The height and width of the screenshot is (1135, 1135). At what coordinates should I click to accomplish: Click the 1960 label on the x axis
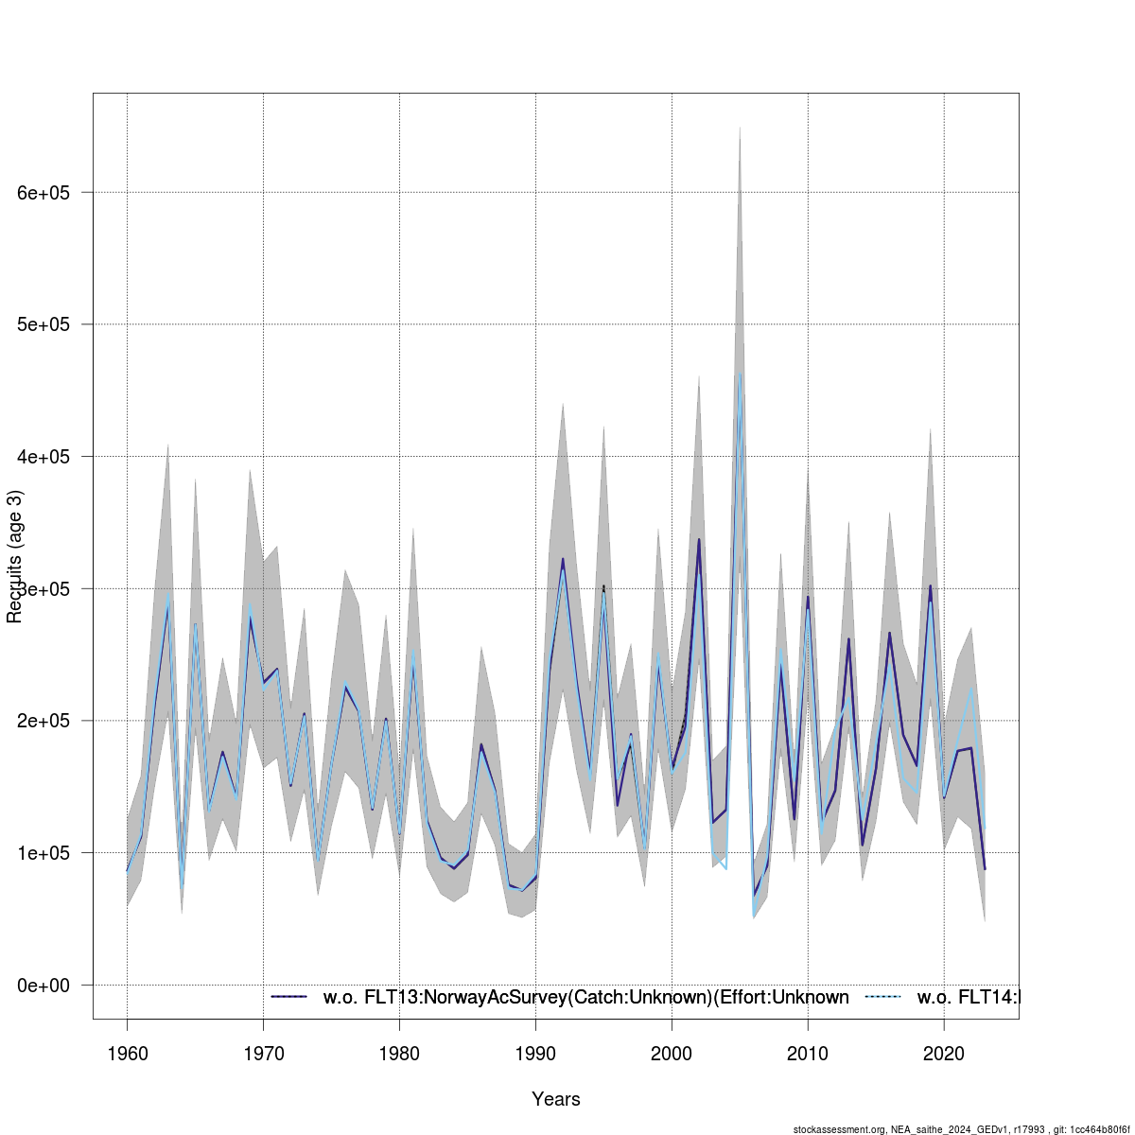pos(127,1054)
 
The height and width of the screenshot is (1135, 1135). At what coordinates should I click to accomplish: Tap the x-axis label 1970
pos(263,1054)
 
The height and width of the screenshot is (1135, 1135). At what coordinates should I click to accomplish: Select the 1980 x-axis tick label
pos(399,1054)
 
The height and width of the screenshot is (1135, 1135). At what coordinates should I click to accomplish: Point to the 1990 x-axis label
pos(535,1054)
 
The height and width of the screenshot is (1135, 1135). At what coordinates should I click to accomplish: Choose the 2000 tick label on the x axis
pos(672,1054)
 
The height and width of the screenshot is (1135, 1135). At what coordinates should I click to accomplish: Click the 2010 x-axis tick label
pos(808,1054)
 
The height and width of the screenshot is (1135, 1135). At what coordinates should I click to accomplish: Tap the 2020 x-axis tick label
pos(944,1054)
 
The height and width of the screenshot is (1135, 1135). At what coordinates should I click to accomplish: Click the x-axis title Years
pos(556,1099)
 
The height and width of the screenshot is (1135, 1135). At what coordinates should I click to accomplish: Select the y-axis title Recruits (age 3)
pos(14,556)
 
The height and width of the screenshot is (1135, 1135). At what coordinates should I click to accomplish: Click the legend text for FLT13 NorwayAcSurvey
pos(585,997)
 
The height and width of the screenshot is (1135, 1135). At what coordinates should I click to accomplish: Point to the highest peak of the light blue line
pos(740,375)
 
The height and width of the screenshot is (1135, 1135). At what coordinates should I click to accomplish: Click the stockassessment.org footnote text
pos(963,1129)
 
